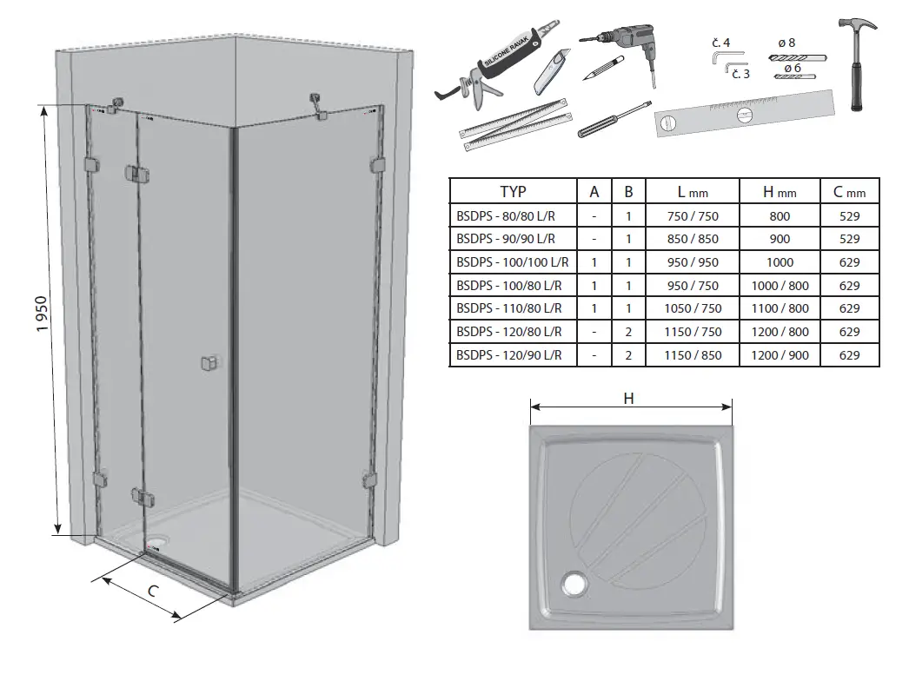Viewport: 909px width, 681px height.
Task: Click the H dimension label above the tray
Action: (631, 398)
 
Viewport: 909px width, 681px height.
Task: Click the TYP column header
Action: (513, 191)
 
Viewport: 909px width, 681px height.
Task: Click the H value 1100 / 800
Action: (780, 308)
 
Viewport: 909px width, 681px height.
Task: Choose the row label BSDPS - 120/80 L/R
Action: (510, 332)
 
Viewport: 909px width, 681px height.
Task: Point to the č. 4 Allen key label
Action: (720, 42)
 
